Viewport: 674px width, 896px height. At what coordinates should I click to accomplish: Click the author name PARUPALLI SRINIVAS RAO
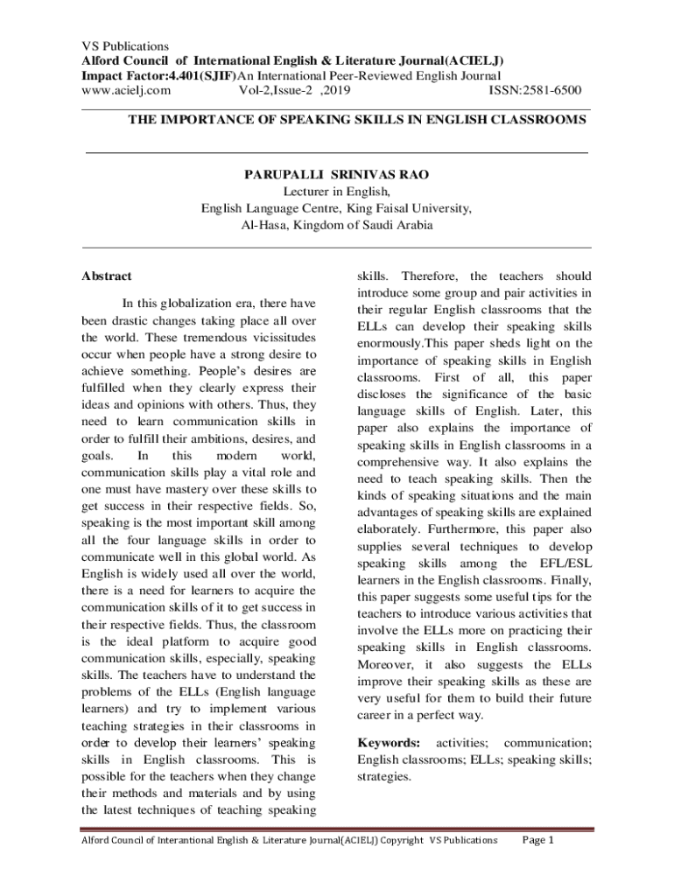pos(336,174)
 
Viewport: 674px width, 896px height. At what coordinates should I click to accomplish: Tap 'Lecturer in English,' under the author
pos(336,191)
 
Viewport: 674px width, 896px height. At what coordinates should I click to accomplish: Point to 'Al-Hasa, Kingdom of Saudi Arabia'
pos(336,225)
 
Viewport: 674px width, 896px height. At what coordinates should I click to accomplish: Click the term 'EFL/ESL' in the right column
pos(558,563)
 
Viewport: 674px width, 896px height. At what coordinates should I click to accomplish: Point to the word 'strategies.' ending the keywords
pos(384,776)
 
